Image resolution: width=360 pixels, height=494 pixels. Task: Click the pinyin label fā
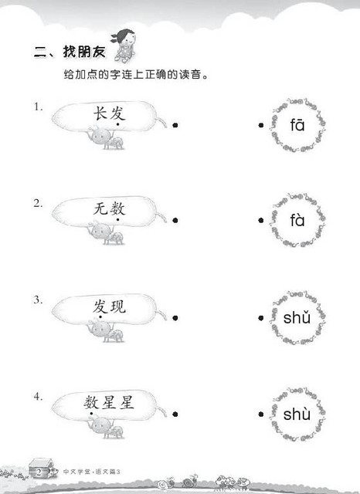297,125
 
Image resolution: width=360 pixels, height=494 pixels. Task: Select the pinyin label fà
297,220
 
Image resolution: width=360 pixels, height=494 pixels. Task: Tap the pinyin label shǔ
297,317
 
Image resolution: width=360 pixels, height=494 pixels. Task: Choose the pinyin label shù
297,414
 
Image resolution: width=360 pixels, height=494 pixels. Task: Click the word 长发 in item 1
109,113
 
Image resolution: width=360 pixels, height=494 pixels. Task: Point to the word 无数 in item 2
109,208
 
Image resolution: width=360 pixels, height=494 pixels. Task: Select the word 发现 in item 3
109,306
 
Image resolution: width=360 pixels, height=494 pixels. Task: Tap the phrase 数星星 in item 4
109,403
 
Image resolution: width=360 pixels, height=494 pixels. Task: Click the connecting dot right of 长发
175,125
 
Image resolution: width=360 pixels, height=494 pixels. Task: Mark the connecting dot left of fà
260,220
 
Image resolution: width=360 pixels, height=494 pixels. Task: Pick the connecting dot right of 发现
175,318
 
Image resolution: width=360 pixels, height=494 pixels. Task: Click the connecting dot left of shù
260,414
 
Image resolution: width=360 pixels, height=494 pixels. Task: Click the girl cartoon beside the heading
124,46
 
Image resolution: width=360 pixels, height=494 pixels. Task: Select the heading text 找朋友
84,52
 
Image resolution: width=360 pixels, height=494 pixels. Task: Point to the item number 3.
38,299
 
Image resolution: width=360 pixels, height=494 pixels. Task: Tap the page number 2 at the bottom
39,472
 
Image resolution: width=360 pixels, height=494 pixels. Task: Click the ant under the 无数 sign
106,233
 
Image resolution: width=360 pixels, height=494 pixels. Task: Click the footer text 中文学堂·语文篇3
92,472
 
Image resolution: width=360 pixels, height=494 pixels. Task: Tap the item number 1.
38,107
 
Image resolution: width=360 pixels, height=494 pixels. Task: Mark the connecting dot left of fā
260,125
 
